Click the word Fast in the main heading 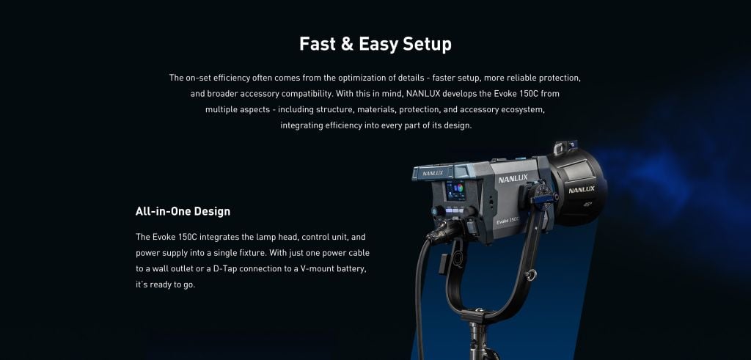[x=317, y=44]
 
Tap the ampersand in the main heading [x=346, y=44]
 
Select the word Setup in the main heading [x=427, y=45]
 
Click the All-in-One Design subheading [x=183, y=211]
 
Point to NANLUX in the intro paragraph [x=423, y=93]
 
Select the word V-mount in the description [x=317, y=268]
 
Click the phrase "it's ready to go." [x=165, y=284]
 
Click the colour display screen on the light [x=455, y=191]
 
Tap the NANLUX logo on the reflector [x=582, y=190]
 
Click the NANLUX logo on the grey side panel [x=513, y=179]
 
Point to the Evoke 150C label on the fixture [x=508, y=221]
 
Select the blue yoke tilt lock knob [x=542, y=194]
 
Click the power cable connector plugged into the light [x=441, y=233]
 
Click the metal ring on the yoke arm [x=530, y=275]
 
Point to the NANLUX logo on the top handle [x=433, y=173]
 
